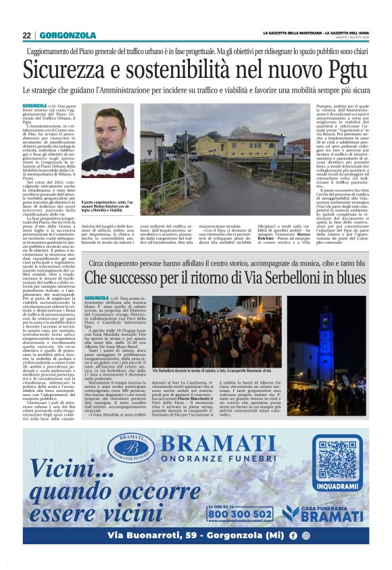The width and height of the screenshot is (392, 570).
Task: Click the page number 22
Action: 26,35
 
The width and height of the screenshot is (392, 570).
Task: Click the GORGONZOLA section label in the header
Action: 68,35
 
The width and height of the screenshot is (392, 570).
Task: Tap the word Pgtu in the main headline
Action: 341,70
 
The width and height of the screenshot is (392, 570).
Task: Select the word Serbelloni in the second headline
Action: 274,278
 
